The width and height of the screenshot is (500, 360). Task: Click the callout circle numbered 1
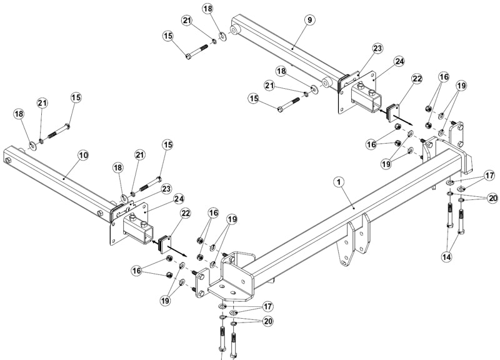339,182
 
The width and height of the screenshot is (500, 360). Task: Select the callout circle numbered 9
309,20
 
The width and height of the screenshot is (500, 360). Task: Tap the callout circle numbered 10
83,155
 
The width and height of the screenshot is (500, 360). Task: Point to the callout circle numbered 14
447,256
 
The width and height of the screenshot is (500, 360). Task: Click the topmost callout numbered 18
207,9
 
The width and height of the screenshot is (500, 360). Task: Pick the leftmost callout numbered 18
19,114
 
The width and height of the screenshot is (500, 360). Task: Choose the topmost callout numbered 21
187,21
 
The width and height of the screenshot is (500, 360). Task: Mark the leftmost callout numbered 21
42,103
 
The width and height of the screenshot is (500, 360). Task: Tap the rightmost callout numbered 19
461,86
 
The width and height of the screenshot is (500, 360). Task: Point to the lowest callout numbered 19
166,301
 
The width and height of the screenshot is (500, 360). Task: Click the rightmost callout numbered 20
492,198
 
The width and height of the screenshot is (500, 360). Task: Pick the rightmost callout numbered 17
489,176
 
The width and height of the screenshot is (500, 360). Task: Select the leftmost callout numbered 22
185,213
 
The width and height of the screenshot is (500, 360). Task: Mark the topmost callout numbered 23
377,49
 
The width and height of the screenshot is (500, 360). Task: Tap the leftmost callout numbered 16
136,271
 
